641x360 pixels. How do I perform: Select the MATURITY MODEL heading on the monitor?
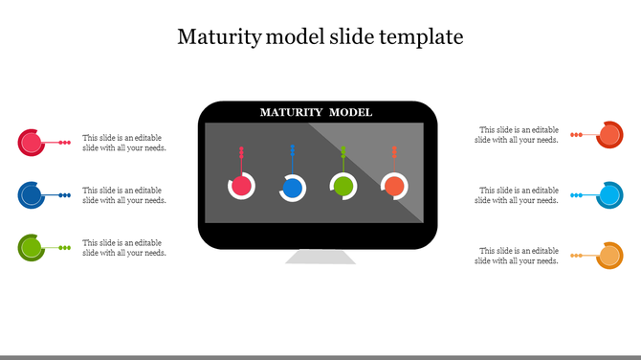317,113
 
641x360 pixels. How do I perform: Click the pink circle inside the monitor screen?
242,186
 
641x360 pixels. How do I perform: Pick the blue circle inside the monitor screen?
293,187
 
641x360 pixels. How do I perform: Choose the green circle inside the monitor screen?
343,186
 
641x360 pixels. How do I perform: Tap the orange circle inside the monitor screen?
394,186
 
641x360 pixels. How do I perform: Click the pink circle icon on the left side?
31,143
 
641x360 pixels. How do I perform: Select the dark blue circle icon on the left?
31,195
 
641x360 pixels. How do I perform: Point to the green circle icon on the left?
31,248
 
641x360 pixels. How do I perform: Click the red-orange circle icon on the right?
609,136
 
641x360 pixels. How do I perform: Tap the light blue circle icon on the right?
609,196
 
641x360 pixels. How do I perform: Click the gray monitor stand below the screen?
320,257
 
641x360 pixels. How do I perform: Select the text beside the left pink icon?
124,143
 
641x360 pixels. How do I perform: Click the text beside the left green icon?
124,248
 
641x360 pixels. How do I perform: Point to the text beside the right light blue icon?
518,195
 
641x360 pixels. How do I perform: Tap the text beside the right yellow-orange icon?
518,256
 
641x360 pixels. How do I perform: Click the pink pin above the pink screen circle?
241,156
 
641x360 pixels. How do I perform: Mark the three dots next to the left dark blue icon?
65,195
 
